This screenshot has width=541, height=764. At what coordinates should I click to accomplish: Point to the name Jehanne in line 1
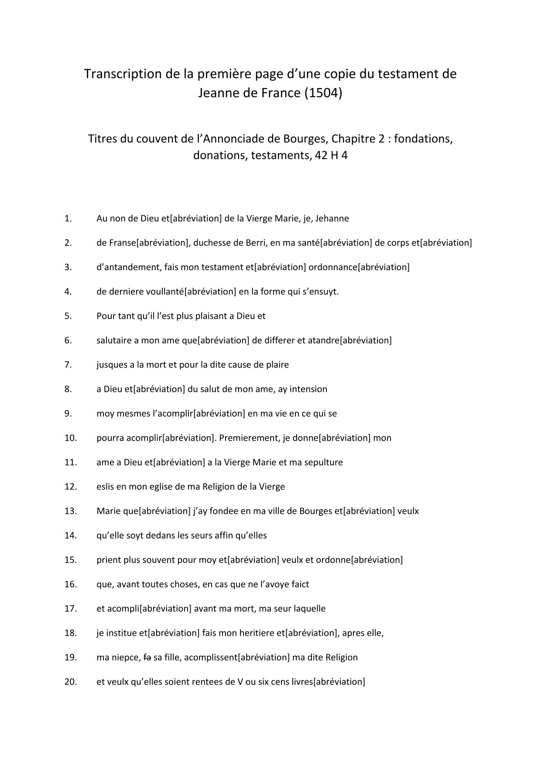(x=332, y=218)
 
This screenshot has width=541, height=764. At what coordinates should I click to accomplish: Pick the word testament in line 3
(x=223, y=267)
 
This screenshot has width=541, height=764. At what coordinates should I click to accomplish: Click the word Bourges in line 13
(x=315, y=511)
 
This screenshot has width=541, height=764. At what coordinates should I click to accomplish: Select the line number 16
(x=70, y=584)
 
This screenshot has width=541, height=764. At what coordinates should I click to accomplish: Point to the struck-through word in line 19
(x=147, y=658)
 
